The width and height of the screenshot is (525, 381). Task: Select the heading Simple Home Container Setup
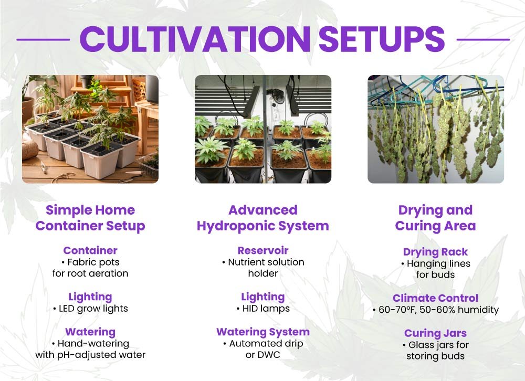[x=90, y=218]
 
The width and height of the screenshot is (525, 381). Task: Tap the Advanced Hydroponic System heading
[x=262, y=218]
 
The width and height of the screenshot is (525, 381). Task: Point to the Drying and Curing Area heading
[x=435, y=218]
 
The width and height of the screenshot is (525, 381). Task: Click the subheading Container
[x=90, y=250]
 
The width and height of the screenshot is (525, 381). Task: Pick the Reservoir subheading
[x=262, y=250]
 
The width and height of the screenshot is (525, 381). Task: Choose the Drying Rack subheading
[x=435, y=252]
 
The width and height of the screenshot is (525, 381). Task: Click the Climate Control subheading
[x=435, y=298]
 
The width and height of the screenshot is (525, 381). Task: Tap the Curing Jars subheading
[x=435, y=333]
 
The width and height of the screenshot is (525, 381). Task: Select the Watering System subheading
[x=262, y=332]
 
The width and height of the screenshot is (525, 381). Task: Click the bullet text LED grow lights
[x=93, y=309]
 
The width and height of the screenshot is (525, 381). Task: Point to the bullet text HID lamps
[x=265, y=309]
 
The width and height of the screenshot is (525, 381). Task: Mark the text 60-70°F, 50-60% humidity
[x=438, y=310]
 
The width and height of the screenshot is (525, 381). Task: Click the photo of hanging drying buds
[x=435, y=129]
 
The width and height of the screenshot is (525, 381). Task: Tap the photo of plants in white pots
[x=90, y=129]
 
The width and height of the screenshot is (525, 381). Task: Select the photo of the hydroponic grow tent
[x=262, y=129]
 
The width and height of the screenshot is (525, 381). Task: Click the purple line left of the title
[x=43, y=39]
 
